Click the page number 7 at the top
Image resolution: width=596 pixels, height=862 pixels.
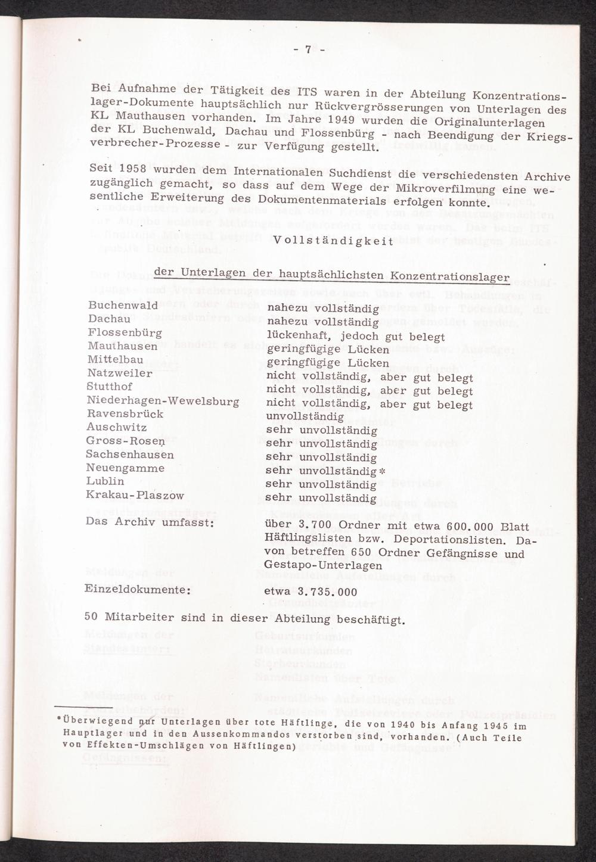click(x=308, y=51)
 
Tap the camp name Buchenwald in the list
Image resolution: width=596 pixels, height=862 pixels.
click(x=122, y=306)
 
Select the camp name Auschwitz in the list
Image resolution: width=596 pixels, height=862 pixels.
click(x=116, y=428)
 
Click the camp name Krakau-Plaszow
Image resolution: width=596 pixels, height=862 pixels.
click(x=135, y=495)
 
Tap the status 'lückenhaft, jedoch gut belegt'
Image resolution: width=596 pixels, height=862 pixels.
click(x=355, y=336)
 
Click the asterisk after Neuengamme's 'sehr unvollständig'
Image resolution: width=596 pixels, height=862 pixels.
click(x=383, y=471)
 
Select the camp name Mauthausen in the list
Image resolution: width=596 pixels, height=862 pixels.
click(x=122, y=346)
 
